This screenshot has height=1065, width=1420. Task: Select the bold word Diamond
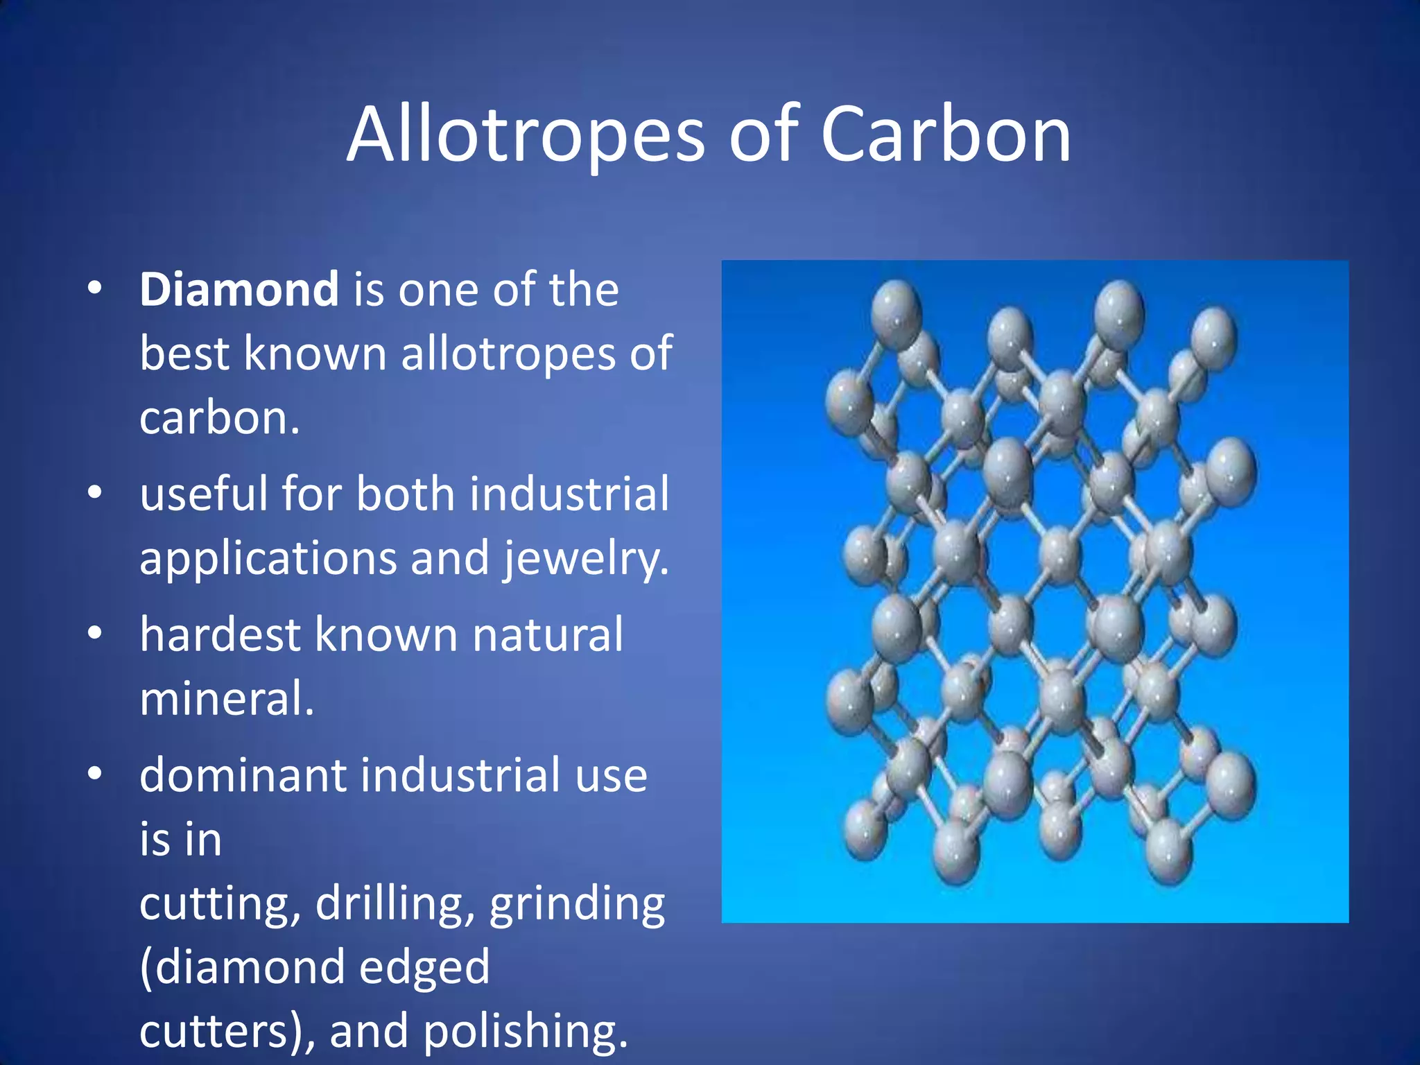(x=239, y=289)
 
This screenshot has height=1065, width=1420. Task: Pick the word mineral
(x=226, y=698)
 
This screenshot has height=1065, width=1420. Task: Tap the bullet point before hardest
(x=95, y=632)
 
